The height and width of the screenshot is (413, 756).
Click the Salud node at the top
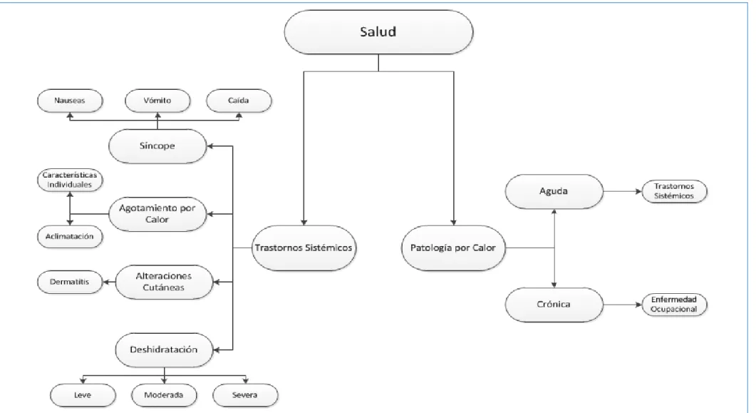(378, 32)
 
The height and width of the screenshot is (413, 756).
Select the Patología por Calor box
(452, 248)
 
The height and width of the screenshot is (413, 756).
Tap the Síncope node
(157, 146)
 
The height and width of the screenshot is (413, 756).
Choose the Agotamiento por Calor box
(157, 214)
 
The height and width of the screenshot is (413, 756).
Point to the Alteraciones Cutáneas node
(164, 282)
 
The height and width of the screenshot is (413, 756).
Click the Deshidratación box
(164, 350)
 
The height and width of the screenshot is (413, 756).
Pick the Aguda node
(554, 192)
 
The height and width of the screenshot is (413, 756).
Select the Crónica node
(554, 305)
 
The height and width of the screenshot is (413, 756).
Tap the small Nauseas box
(70, 101)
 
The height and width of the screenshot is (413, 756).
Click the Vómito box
(157, 101)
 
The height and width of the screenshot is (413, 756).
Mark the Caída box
(239, 101)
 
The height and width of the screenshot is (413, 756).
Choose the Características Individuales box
(70, 180)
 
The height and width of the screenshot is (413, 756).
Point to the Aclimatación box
(70, 236)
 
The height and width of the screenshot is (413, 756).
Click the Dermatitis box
(70, 282)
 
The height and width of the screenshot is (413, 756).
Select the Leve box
(83, 395)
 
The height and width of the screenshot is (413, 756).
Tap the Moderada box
(164, 395)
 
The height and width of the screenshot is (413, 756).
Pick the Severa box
(245, 395)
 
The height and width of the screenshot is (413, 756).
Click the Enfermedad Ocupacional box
(674, 305)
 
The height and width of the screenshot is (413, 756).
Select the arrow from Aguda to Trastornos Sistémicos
(623, 192)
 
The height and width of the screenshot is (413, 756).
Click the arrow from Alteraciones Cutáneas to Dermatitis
(109, 282)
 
